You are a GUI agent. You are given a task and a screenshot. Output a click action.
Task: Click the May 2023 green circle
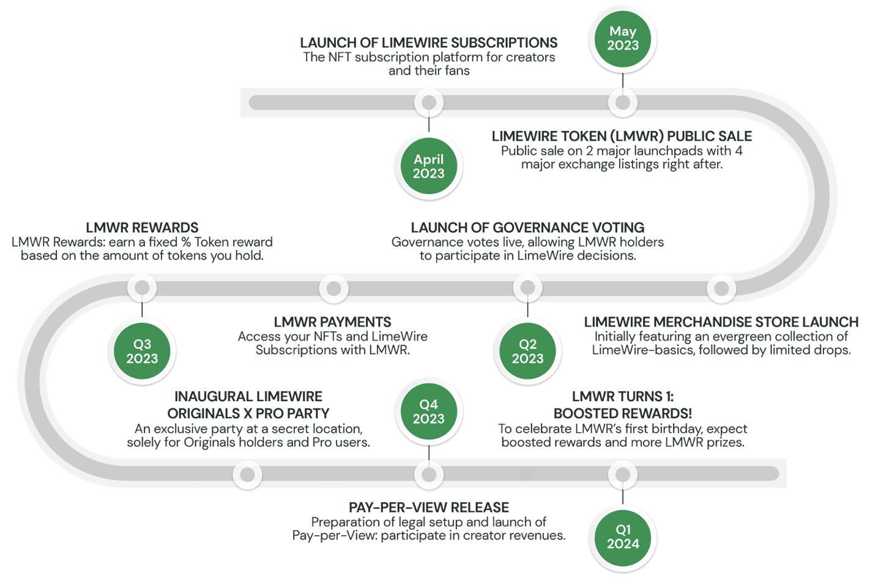tap(622, 39)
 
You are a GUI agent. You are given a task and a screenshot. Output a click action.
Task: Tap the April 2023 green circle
tap(428, 166)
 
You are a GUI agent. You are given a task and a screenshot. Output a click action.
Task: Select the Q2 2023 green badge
tap(527, 351)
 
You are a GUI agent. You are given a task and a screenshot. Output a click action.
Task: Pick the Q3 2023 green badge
tap(142, 351)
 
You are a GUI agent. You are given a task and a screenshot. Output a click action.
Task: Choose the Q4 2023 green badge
tap(428, 411)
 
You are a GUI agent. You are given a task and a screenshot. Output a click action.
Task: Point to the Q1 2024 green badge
tap(622, 537)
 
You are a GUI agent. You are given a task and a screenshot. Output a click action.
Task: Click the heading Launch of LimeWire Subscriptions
tap(428, 43)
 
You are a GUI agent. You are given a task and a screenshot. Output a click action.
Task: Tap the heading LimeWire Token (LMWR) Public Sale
tap(622, 136)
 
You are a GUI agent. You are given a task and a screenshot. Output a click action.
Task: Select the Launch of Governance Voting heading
tap(527, 228)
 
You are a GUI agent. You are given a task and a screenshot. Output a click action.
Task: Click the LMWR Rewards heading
tap(142, 228)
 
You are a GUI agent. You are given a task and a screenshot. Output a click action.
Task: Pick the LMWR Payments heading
tap(332, 322)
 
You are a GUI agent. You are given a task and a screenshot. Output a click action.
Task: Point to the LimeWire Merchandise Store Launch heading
tap(721, 322)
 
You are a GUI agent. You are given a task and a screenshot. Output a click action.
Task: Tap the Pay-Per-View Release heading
tap(428, 508)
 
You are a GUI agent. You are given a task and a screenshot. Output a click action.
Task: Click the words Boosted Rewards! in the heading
tap(622, 413)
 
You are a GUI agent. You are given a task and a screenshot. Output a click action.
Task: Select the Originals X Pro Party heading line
tap(248, 413)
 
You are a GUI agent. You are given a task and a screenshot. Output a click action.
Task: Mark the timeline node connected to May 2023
tap(622, 102)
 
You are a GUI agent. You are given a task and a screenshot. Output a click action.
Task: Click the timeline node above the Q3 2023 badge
tap(142, 287)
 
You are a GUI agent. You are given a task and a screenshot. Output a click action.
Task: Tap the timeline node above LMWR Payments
tap(333, 288)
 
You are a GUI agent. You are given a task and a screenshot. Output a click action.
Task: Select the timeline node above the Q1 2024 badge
tap(622, 474)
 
